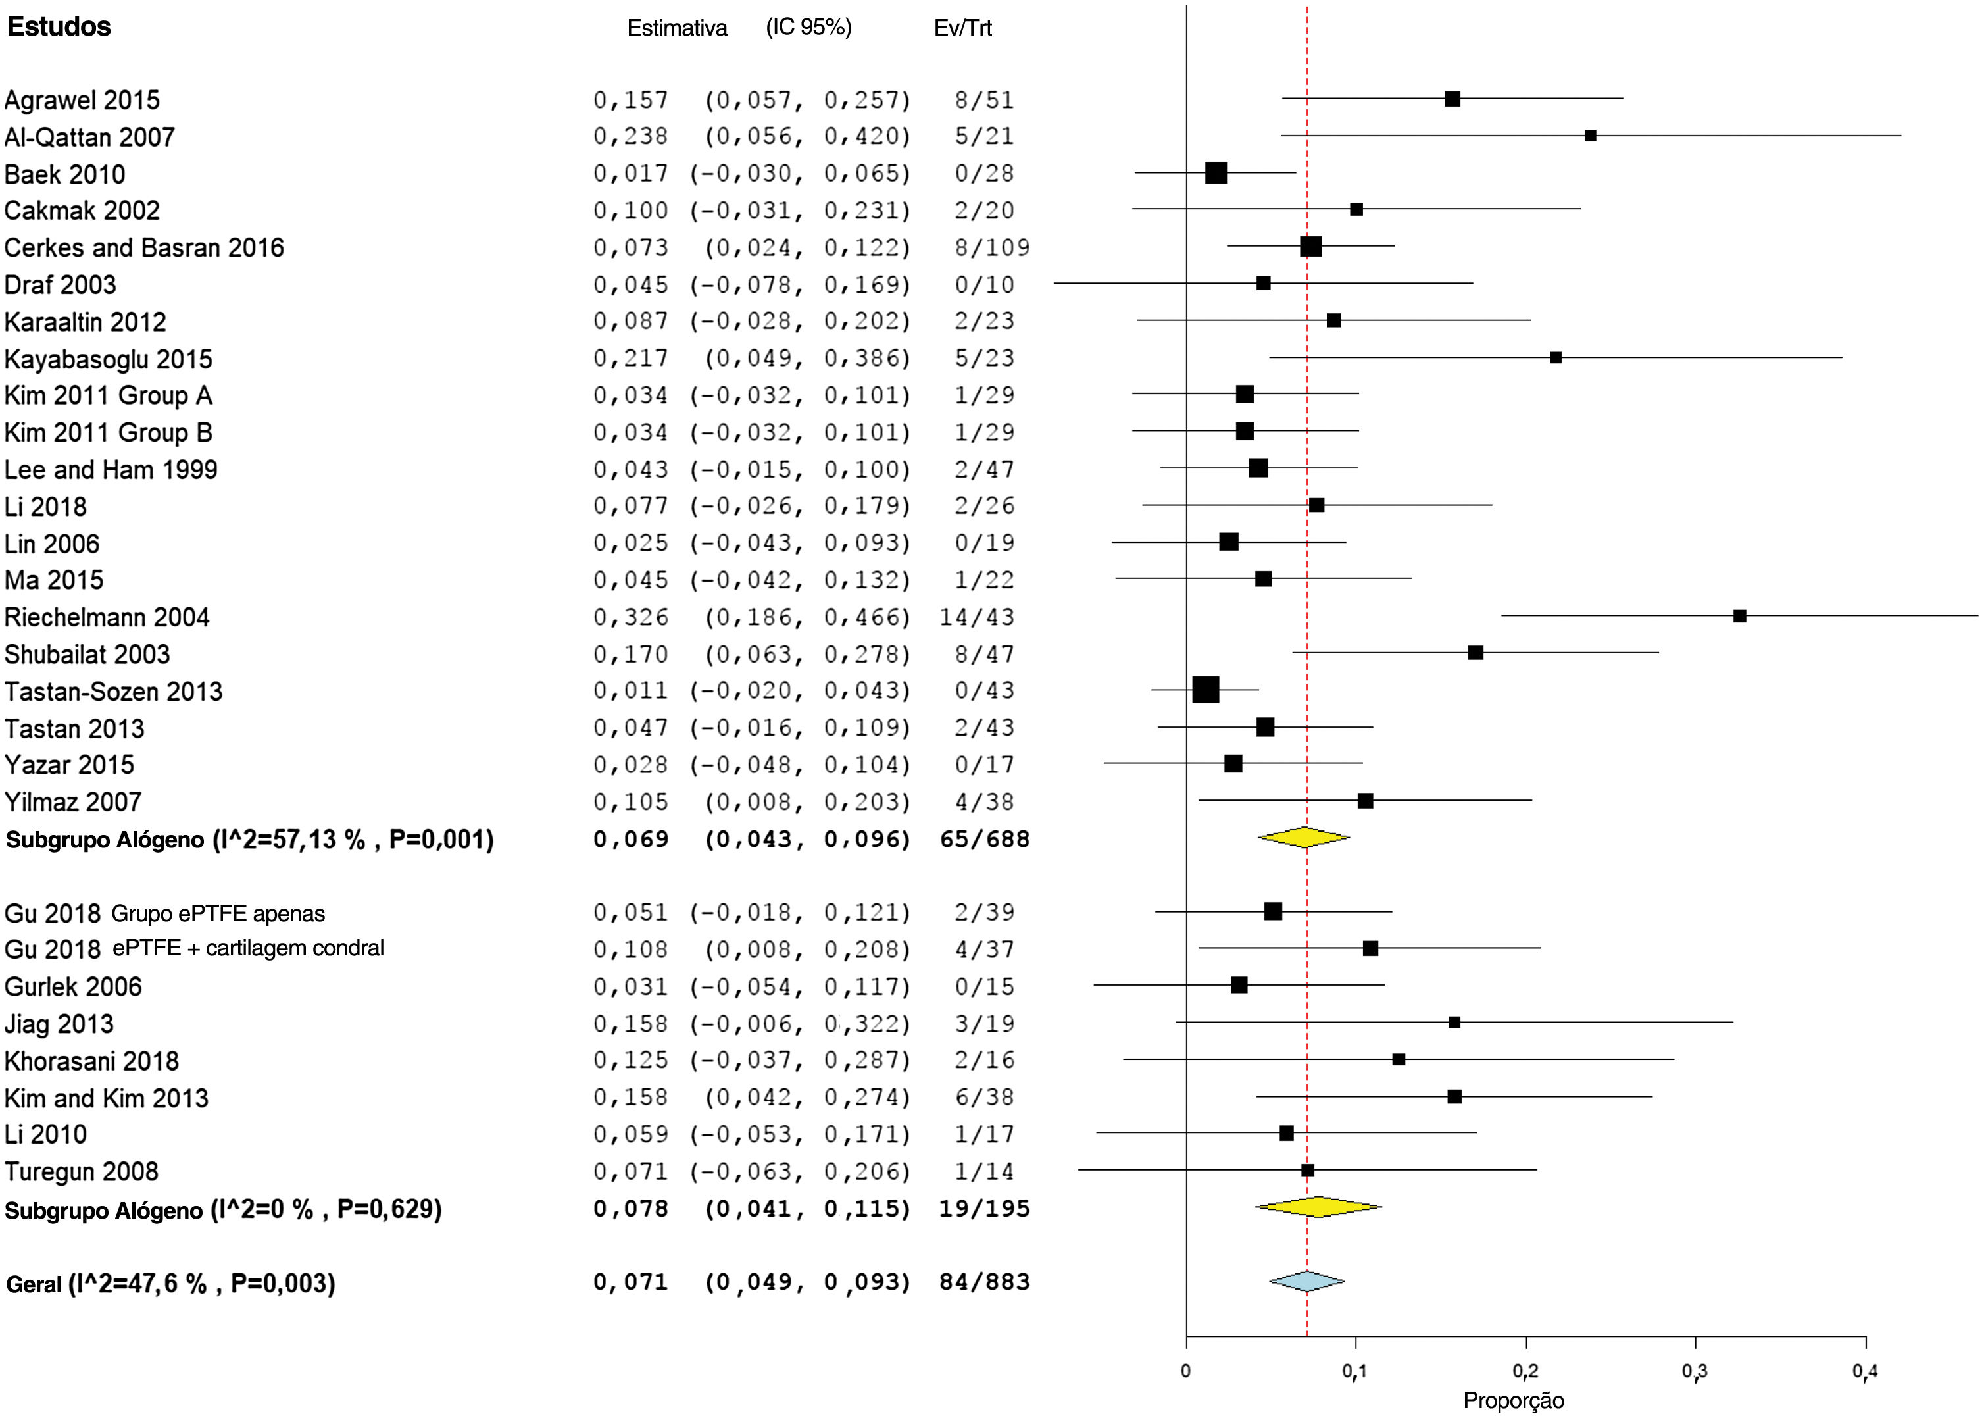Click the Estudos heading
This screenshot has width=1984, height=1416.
click(59, 27)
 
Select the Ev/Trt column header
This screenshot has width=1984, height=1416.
click(962, 28)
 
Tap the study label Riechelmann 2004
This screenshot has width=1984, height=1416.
click(107, 617)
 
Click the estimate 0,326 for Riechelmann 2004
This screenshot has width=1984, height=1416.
click(630, 617)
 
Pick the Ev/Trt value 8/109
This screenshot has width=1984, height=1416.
click(992, 247)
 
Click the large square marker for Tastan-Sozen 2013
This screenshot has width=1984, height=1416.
click(1206, 690)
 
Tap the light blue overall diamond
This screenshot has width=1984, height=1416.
click(1306, 1281)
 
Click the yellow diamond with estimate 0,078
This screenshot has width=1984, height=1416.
click(1318, 1207)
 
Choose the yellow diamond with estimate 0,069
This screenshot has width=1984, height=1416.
click(1303, 837)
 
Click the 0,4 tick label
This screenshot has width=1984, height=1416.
click(1864, 1371)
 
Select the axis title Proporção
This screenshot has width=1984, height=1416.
click(1513, 1401)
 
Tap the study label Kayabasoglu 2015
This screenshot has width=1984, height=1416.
click(108, 359)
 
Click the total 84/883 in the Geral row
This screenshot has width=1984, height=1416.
click(984, 1282)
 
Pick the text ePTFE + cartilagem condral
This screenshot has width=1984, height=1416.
click(249, 949)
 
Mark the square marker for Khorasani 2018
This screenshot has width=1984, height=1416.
click(1399, 1059)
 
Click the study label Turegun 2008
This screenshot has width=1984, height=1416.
click(81, 1171)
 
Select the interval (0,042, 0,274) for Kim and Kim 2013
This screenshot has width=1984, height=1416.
click(806, 1097)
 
